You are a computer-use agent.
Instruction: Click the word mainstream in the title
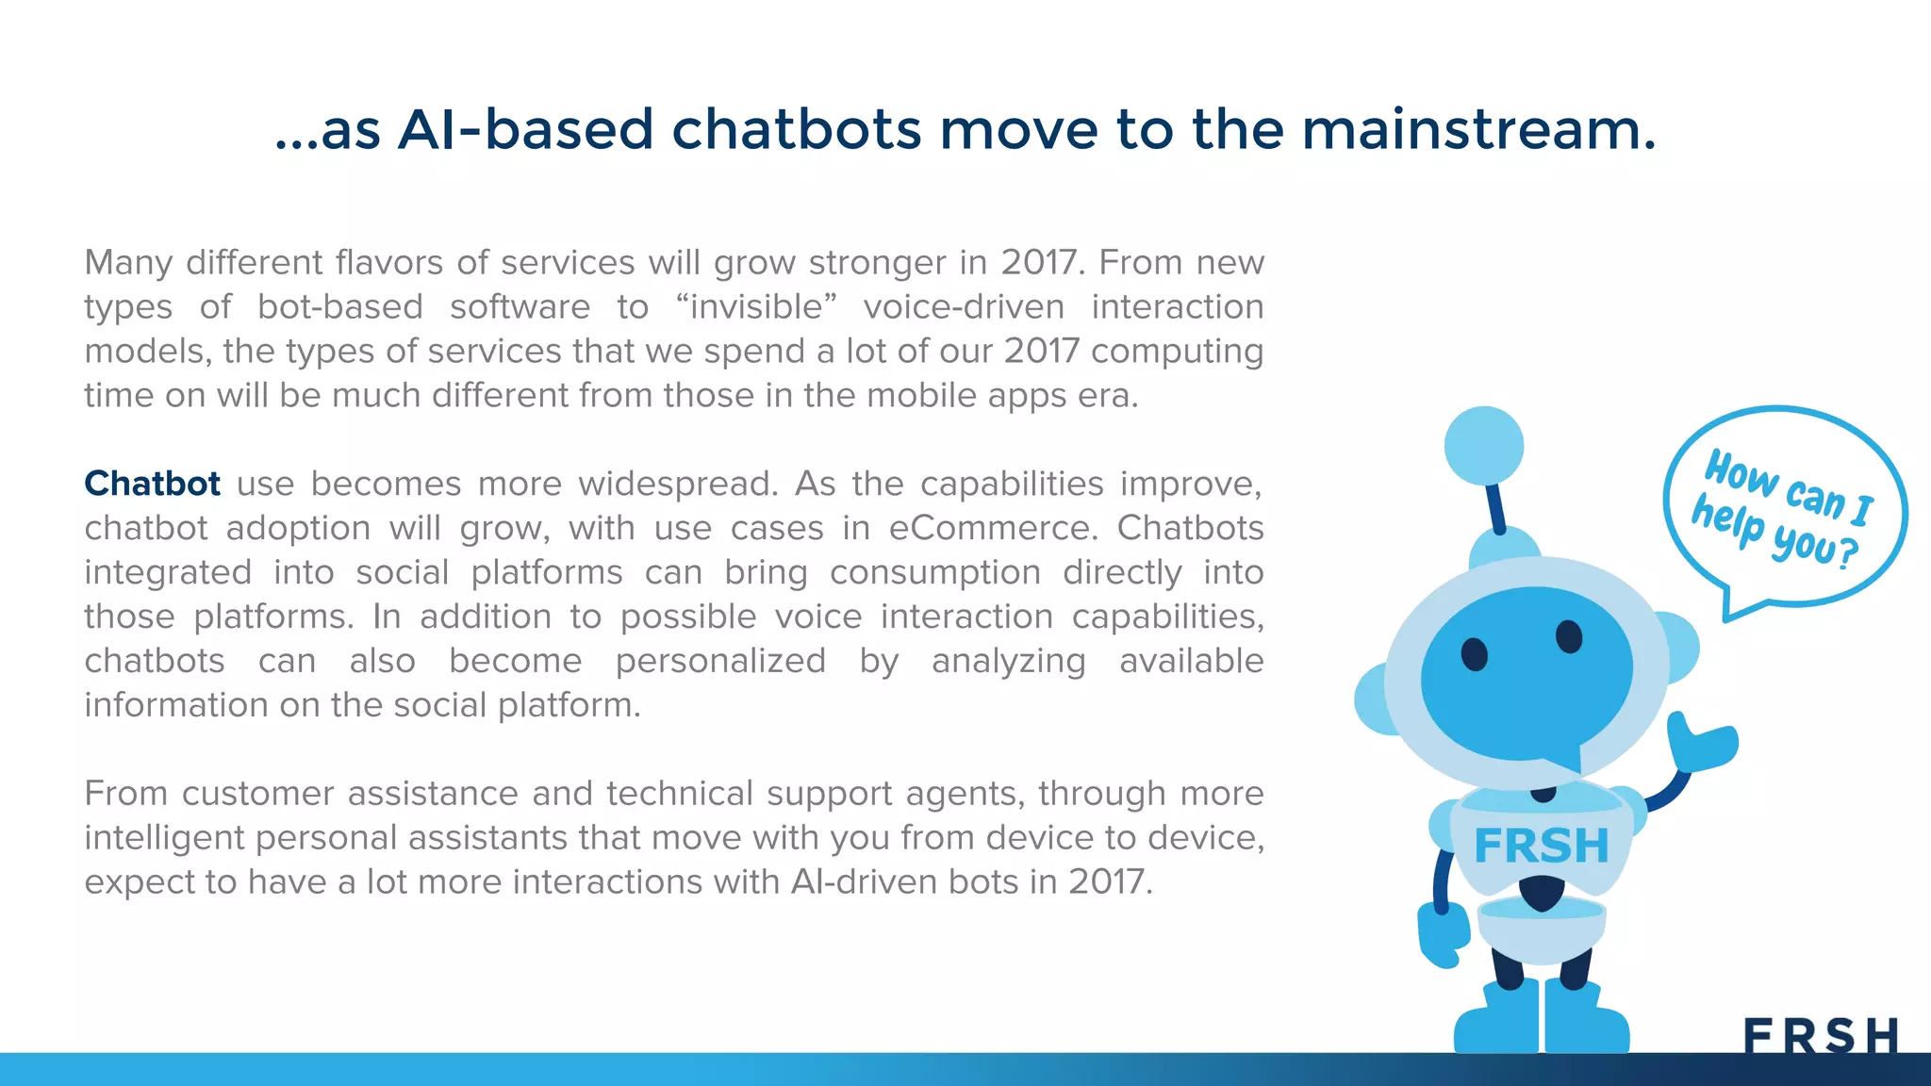click(1477, 130)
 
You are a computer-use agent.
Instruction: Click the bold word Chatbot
click(152, 484)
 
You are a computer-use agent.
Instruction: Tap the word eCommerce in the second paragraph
click(993, 528)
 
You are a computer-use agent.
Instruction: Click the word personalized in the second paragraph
click(720, 661)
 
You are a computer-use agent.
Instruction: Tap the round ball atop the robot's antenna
click(1483, 446)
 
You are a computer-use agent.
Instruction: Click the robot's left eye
click(1474, 653)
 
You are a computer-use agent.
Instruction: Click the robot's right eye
click(1569, 636)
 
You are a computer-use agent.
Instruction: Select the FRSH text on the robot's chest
click(1541, 846)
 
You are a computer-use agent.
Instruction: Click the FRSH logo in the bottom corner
click(1821, 1036)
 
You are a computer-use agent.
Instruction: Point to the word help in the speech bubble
click(1727, 519)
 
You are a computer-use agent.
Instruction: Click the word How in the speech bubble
click(1741, 473)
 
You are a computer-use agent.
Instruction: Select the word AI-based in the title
click(525, 130)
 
